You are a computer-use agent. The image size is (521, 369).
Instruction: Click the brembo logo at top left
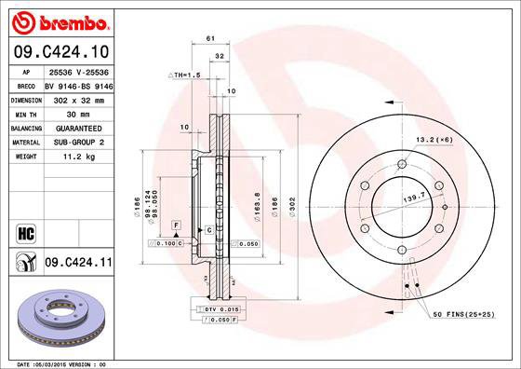click(57, 20)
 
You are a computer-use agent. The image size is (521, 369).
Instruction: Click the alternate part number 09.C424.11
click(79, 264)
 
